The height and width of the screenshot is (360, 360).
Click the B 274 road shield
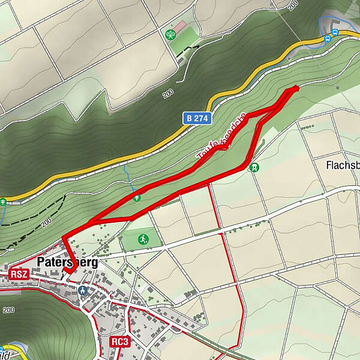197,119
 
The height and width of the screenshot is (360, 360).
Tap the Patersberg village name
67,262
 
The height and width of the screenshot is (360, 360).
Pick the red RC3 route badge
119,341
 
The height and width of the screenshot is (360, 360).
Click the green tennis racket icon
170,34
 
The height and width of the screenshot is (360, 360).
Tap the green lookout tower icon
255,167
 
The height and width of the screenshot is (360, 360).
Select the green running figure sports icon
143,239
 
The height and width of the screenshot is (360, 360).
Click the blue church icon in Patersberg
83,290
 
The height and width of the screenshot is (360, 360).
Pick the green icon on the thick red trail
137,197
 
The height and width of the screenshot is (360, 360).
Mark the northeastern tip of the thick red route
296,88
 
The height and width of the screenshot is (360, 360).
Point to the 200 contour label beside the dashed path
47,223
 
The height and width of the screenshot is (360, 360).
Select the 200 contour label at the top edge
293,5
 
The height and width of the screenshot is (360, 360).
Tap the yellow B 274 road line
120,160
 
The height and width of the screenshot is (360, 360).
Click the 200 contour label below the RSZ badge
8,310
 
